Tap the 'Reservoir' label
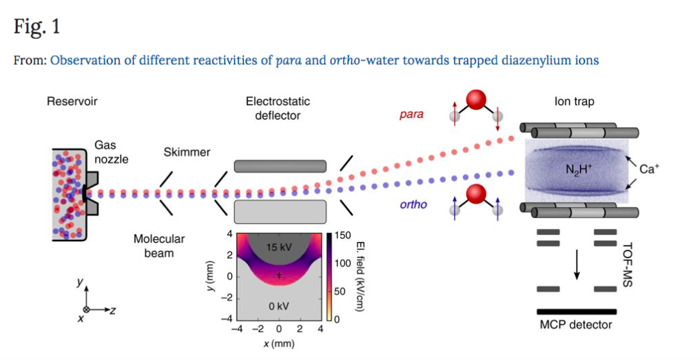pos(72,102)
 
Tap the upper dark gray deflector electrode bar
pos(280,166)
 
